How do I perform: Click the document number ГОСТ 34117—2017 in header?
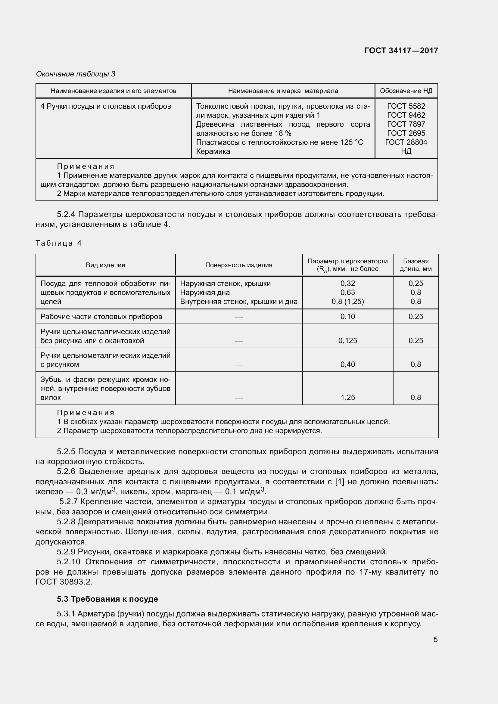(x=401, y=51)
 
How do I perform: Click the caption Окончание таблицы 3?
(x=76, y=74)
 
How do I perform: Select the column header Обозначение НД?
(x=406, y=91)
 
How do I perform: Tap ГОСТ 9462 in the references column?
(x=406, y=115)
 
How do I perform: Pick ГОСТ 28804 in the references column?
(x=406, y=142)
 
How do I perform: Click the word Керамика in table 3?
(x=213, y=151)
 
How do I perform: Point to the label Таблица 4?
(x=59, y=243)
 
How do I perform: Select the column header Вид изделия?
(x=105, y=265)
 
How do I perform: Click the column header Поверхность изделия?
(x=238, y=265)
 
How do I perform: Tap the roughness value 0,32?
(x=347, y=284)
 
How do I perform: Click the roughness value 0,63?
(x=347, y=293)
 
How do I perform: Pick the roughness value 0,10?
(x=347, y=317)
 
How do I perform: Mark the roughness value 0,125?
(x=347, y=341)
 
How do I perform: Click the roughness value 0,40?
(x=347, y=364)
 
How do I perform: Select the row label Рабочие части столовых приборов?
(x=101, y=317)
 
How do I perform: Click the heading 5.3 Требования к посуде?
(x=107, y=599)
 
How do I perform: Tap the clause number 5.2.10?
(x=68, y=562)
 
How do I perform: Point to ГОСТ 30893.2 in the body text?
(x=64, y=582)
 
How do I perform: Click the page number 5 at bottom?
(x=435, y=640)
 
